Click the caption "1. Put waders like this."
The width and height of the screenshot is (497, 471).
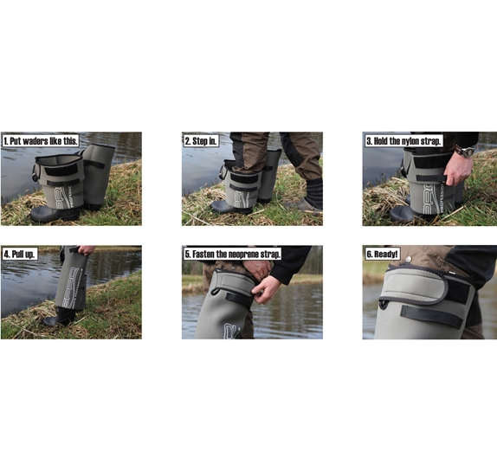[x=41, y=141]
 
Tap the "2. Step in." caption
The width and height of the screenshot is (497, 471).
[x=202, y=141]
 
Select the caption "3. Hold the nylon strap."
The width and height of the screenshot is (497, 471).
[x=403, y=141]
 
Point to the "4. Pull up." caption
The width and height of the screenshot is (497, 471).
[x=20, y=254]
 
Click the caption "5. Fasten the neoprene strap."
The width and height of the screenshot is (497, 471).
[x=233, y=254]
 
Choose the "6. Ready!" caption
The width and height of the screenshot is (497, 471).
[x=382, y=254]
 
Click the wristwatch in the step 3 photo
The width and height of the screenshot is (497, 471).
[x=466, y=152]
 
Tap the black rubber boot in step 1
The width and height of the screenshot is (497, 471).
[x=55, y=214]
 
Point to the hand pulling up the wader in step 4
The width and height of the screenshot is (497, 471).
[x=87, y=250]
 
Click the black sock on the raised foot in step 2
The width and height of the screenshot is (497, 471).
[x=313, y=190]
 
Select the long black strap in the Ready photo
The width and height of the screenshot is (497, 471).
[x=433, y=317]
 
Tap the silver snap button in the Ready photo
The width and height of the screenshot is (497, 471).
[x=409, y=260]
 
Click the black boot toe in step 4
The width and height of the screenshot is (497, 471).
[x=51, y=320]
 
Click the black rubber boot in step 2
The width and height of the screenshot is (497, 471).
[x=231, y=207]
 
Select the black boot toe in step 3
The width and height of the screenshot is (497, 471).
[x=401, y=214]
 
